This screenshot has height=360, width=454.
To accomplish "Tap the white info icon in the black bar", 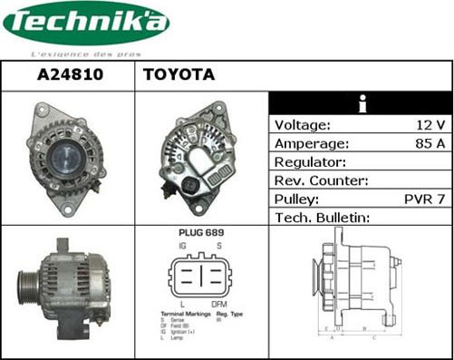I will coord(362,102).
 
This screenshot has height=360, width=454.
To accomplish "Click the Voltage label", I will coord(302,124).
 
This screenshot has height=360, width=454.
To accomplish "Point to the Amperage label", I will coord(311,143).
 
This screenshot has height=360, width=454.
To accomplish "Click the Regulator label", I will coord(310,161).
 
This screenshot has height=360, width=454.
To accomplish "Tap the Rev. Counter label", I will coord(321,180).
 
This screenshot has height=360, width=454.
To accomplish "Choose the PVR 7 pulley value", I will coord(425,199).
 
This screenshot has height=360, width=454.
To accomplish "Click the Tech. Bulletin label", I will coord(324,217).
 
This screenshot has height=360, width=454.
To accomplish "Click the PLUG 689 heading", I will coord(202,233).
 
